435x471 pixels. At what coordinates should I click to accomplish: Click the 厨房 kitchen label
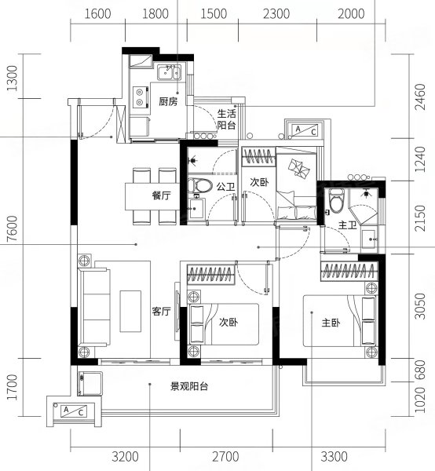click(x=167, y=101)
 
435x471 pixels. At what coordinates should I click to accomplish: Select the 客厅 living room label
click(x=161, y=311)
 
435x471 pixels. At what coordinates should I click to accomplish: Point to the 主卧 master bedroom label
click(x=330, y=323)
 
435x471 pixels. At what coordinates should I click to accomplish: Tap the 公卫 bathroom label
click(x=225, y=187)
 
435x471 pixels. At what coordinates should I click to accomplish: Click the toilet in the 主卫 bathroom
click(x=336, y=201)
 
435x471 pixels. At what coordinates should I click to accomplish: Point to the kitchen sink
click(x=169, y=75)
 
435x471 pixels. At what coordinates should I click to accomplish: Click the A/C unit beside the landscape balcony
click(x=72, y=411)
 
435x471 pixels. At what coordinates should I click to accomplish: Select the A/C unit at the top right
click(x=304, y=131)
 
